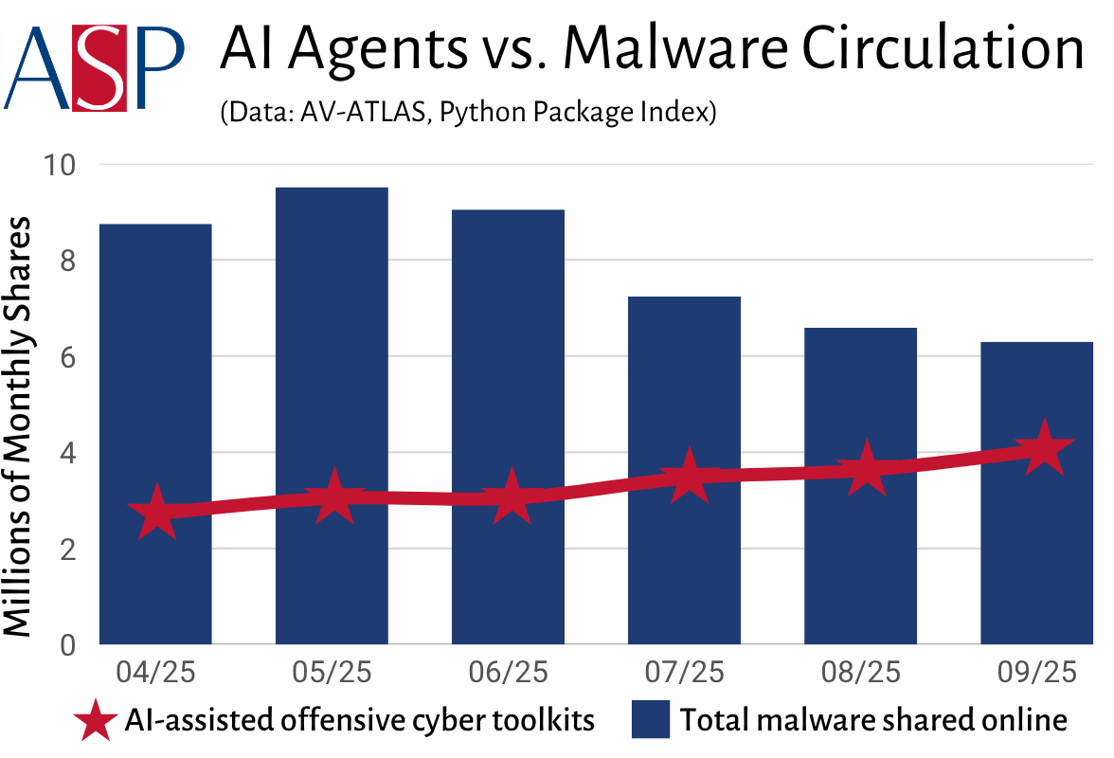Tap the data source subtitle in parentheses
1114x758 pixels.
[466, 113]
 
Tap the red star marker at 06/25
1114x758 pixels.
[511, 496]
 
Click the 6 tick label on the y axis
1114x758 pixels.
[67, 357]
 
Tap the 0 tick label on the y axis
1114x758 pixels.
[67, 645]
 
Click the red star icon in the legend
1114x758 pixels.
[97, 721]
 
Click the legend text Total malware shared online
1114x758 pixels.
[871, 721]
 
